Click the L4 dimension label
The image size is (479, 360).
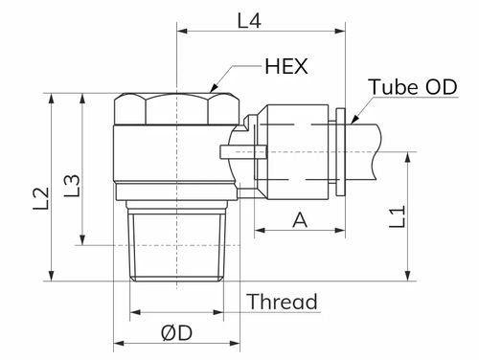click(249, 20)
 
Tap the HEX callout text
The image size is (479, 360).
click(286, 66)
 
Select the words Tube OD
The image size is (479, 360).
click(413, 86)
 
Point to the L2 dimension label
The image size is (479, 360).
click(41, 198)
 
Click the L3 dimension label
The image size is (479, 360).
click(72, 185)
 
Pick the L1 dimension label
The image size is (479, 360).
click(398, 216)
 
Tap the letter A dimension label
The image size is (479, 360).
click(300, 220)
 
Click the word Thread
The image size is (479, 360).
click(283, 302)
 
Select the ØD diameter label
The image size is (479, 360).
click(176, 333)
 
